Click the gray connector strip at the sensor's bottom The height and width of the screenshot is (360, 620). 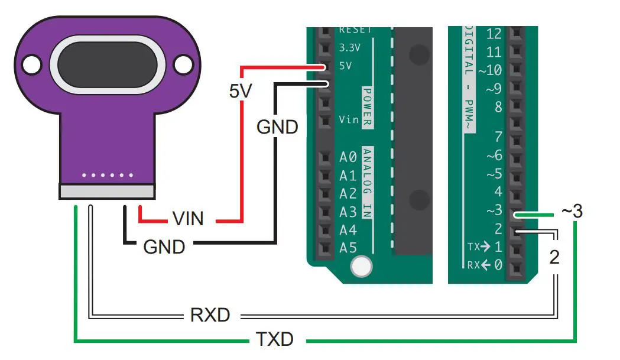[x=107, y=191]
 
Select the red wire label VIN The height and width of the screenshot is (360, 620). [x=188, y=219]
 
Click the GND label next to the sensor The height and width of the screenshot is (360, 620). [x=164, y=246]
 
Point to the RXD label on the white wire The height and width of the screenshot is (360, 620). [x=210, y=314]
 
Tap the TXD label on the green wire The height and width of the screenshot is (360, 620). [x=275, y=339]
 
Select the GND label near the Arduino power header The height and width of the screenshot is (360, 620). [x=277, y=127]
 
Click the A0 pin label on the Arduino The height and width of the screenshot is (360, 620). [x=348, y=157]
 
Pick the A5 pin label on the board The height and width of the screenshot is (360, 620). [x=348, y=248]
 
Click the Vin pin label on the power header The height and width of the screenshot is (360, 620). [x=349, y=120]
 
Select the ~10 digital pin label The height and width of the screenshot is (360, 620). [x=490, y=70]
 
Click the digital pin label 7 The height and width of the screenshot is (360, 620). [x=498, y=138]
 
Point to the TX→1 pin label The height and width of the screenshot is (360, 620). [x=485, y=247]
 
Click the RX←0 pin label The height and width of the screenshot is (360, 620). [x=485, y=265]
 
